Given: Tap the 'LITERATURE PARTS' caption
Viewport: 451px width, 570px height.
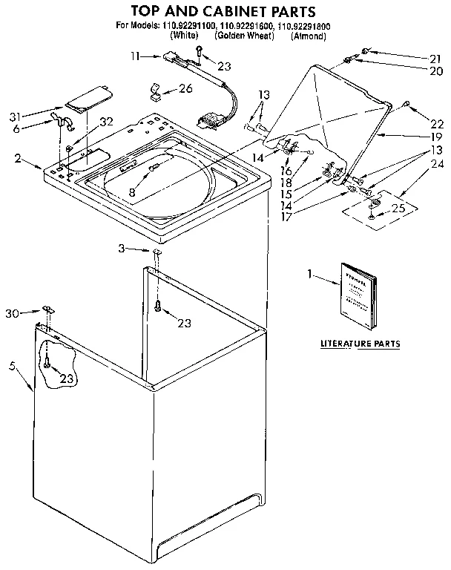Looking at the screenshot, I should tap(360, 344).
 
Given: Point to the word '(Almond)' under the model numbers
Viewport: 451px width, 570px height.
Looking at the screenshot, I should tap(309, 36).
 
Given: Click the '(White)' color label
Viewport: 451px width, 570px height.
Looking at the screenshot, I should tap(184, 36).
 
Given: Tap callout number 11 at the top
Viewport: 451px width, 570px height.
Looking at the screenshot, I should tap(134, 55).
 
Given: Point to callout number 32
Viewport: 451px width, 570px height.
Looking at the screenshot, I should tap(106, 122).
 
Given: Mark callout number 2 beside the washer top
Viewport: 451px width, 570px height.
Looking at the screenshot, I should tap(17, 158).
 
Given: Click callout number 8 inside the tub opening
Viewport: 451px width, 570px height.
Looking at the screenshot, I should tap(132, 191).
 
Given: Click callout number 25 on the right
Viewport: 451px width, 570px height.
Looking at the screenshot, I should tap(399, 209).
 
